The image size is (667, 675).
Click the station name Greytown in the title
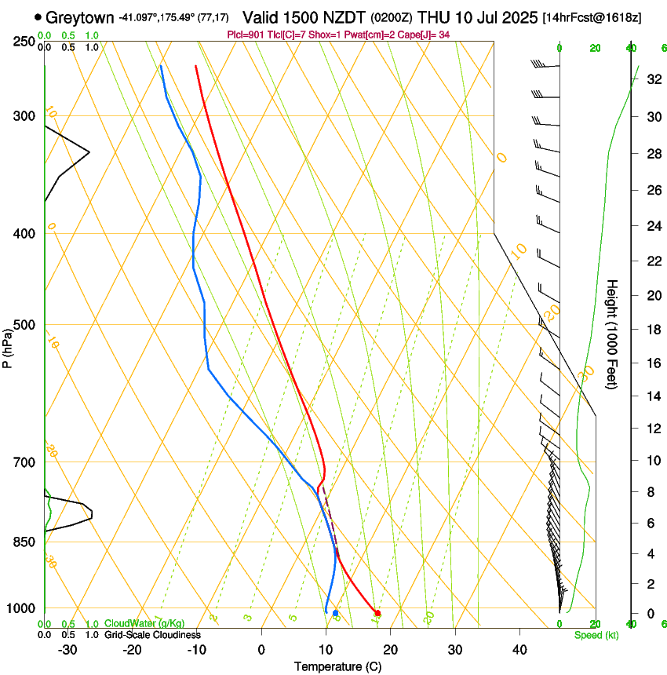pos(80,17)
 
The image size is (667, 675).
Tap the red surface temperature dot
pos(377,613)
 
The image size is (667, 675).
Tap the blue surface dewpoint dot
pos(335,613)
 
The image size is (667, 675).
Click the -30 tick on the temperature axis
pos(67,649)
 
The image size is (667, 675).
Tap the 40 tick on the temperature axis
pos(519,649)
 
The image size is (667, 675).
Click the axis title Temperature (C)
pos(337,666)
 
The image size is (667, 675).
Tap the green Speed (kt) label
pos(596,634)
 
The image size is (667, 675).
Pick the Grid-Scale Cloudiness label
pos(152,634)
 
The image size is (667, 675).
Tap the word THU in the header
pos(432,17)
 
